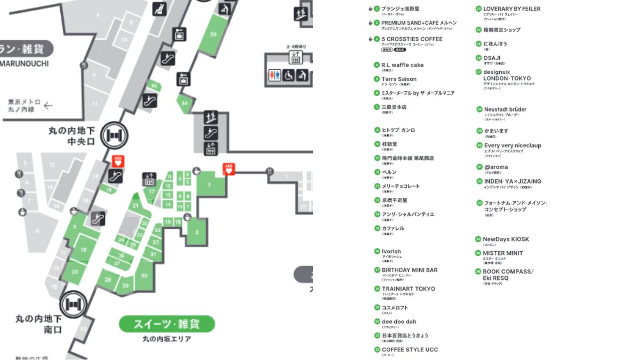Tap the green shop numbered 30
point(144,275)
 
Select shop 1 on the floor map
point(209,185)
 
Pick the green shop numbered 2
point(197,231)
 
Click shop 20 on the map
point(75,271)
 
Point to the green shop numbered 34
point(185,103)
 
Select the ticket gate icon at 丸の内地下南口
point(72,305)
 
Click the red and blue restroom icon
point(274,75)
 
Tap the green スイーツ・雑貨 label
point(166,324)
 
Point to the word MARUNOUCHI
point(25,63)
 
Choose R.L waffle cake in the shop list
point(402,65)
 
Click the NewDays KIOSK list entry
point(506,239)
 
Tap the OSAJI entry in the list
point(492,58)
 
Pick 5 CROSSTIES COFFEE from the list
point(412,39)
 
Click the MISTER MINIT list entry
point(502,253)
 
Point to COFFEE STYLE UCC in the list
point(410,349)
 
